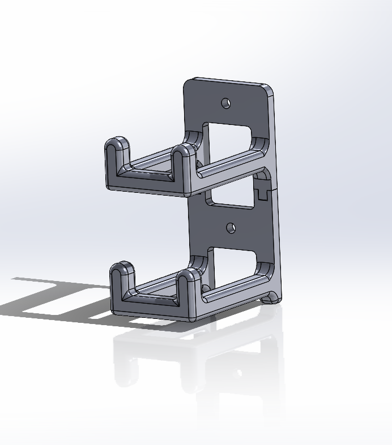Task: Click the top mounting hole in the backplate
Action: [x=226, y=103]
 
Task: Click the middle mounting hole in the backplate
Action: [x=231, y=227]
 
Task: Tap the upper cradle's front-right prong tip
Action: [x=182, y=152]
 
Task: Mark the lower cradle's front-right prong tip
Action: [x=188, y=276]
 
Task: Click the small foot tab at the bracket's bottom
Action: [x=271, y=297]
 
